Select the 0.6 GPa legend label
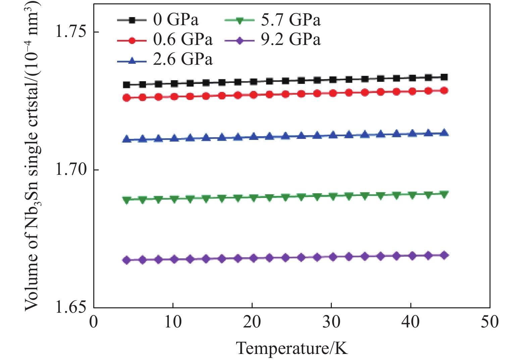point(183,40)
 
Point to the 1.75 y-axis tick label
point(70,32)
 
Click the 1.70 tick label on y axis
point(70,170)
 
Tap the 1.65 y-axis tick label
point(70,307)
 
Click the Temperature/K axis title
point(292,348)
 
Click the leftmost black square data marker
point(126,85)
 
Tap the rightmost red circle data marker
point(444,91)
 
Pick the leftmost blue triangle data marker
point(126,139)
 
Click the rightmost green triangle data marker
point(444,195)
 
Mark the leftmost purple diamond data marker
point(126,260)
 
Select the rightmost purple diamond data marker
point(444,255)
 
